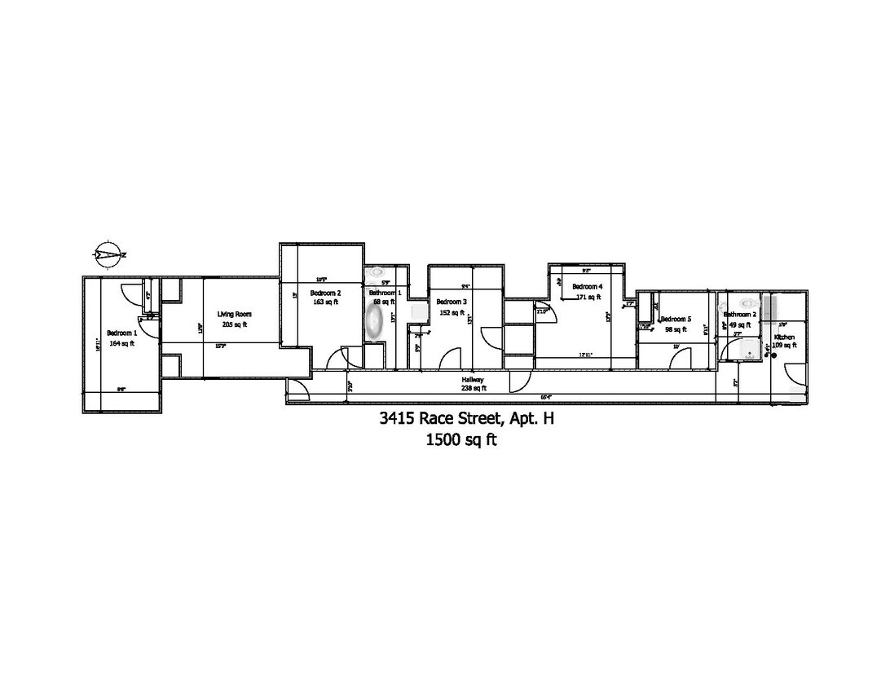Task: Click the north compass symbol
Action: (109, 254)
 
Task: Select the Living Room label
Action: (234, 314)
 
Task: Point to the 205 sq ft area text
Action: (234, 324)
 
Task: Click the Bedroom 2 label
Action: (325, 293)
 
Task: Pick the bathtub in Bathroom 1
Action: (374, 324)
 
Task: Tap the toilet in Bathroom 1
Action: (377, 272)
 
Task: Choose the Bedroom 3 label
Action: (451, 302)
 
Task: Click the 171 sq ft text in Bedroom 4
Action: (587, 297)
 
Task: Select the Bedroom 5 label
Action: (676, 319)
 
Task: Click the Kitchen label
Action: (784, 337)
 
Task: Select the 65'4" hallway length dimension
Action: (547, 398)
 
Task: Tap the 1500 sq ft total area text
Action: (461, 441)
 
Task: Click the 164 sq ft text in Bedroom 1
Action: (121, 343)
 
